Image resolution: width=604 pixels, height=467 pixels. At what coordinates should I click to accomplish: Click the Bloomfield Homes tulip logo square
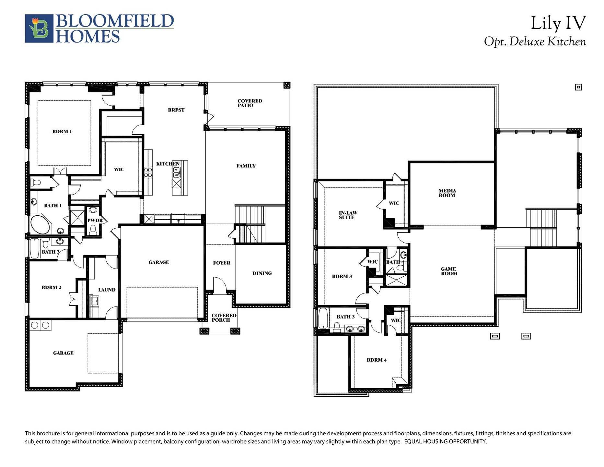(x=39, y=29)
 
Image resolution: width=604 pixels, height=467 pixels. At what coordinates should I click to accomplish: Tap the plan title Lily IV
(x=558, y=23)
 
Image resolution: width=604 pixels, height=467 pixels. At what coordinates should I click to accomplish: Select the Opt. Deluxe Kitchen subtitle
(x=535, y=42)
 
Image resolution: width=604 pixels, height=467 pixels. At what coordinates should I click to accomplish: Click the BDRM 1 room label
(x=62, y=131)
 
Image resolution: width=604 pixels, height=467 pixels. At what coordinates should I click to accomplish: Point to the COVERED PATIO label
(x=250, y=103)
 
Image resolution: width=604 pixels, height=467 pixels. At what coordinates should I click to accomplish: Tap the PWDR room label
(x=95, y=221)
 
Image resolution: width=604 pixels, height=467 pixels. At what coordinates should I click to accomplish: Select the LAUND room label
(x=107, y=290)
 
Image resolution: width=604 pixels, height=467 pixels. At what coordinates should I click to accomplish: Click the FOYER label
(x=222, y=263)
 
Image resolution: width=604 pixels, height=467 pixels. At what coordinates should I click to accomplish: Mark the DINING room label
(x=262, y=273)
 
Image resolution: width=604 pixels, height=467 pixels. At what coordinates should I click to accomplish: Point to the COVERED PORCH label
(x=224, y=318)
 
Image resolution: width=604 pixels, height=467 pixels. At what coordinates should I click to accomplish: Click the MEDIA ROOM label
(x=447, y=193)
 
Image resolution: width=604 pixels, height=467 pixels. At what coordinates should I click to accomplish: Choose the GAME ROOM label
(x=449, y=271)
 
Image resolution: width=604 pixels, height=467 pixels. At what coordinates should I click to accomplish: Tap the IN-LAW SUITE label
(x=348, y=215)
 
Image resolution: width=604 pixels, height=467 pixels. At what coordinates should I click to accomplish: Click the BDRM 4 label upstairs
(x=377, y=360)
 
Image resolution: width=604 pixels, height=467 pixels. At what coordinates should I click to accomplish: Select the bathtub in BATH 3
(x=323, y=318)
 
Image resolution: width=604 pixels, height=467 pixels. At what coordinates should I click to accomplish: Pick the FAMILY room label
(x=246, y=166)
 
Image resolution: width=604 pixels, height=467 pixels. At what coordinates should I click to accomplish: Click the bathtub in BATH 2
(x=35, y=248)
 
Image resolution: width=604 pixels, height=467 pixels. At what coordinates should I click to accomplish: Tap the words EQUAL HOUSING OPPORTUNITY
(x=445, y=442)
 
